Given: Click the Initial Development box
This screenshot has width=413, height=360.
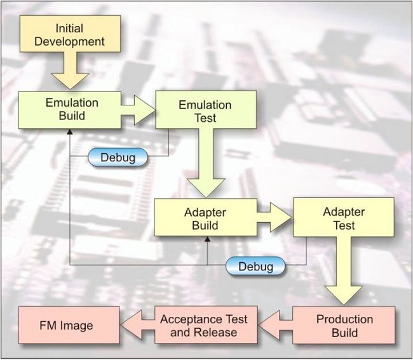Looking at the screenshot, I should tap(69, 36).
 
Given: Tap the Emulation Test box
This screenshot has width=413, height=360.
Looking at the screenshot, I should tap(206, 111).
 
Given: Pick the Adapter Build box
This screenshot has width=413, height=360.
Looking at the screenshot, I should tap(206, 218).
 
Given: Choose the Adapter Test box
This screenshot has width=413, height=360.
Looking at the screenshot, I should tap(344, 218).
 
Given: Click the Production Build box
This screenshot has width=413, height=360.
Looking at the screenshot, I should tap(344, 326).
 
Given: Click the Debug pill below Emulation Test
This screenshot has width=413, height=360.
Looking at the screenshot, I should tap(118, 157).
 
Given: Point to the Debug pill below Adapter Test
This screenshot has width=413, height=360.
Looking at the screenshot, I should tap(255, 265).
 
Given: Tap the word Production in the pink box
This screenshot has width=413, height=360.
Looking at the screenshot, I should tap(344, 319).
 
